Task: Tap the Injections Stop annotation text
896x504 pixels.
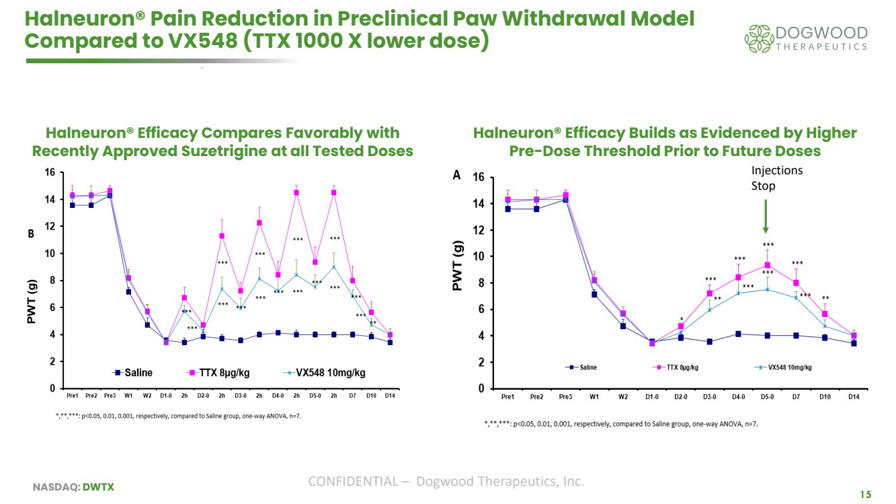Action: tap(776, 178)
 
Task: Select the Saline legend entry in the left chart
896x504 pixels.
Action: tap(134, 372)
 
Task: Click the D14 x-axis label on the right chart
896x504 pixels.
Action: tap(854, 397)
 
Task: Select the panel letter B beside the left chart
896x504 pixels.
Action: tap(30, 235)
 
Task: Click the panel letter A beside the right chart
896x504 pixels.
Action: tap(456, 175)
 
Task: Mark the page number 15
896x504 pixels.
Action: tap(866, 495)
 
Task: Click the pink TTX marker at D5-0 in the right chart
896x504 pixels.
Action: tap(767, 265)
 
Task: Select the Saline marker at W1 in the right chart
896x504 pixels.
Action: tap(594, 294)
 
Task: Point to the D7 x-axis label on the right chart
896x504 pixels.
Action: tap(796, 397)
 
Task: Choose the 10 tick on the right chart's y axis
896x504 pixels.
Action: tap(479, 256)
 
